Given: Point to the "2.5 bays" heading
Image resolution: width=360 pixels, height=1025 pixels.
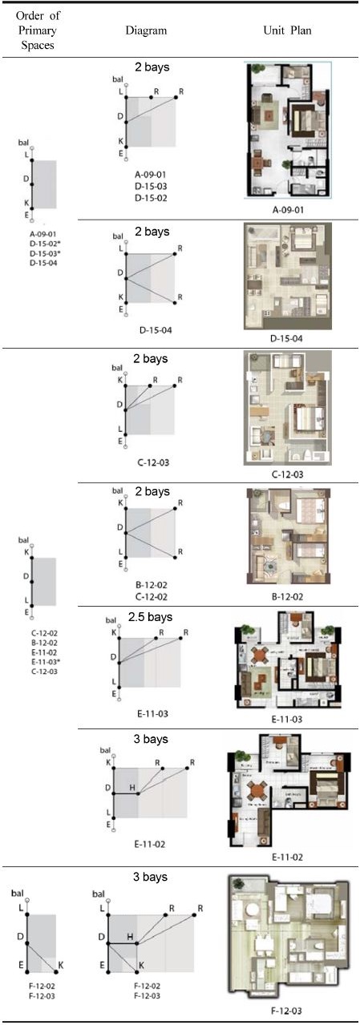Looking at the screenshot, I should tap(150, 617).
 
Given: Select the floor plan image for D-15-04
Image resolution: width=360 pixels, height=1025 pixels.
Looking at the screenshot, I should tap(287, 276).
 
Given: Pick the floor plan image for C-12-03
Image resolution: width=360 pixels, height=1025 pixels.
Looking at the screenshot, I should tap(286, 407).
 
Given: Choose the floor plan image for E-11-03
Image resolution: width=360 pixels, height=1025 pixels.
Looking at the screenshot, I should tap(287, 661).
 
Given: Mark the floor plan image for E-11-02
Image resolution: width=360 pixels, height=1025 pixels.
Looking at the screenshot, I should tap(286, 790).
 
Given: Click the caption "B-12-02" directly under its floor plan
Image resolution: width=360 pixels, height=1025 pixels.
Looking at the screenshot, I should tap(286, 596).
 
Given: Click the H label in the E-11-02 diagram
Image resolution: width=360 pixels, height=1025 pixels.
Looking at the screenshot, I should tap(132, 787).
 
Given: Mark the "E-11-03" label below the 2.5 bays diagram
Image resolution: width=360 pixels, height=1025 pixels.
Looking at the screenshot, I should tap(152, 712).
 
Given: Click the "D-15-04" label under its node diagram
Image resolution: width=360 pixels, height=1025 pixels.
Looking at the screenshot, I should tap(152, 329).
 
